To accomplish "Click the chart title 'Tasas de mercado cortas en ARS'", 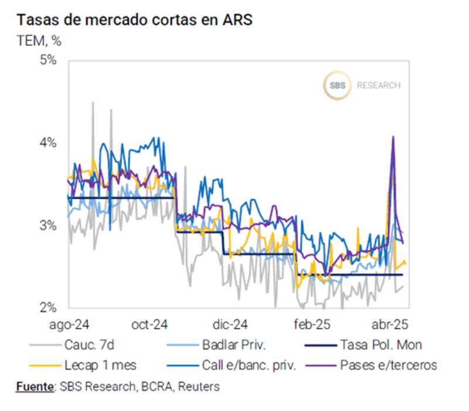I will click(x=134, y=19).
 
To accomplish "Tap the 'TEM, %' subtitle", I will click(x=39, y=40).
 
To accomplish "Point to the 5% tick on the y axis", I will click(x=47, y=60).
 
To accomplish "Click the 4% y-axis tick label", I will click(x=47, y=142).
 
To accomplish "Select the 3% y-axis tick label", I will click(x=47, y=225).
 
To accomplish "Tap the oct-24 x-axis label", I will click(x=150, y=324).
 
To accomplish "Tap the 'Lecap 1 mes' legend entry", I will click(x=100, y=365).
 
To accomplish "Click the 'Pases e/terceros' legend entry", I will click(x=388, y=365).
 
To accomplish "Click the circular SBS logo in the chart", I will click(x=337, y=86).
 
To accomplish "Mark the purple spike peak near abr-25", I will click(x=393, y=137).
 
